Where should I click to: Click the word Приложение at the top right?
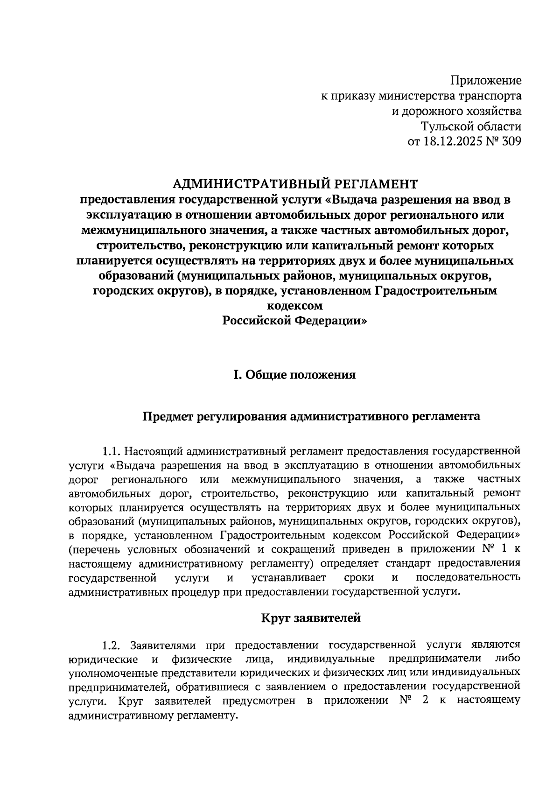(x=485, y=81)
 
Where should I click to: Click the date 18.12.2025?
(x=450, y=142)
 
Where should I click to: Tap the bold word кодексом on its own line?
(x=294, y=306)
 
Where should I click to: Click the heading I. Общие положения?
(x=294, y=375)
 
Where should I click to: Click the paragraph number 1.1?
(x=112, y=452)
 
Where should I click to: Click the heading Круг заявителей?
(x=310, y=618)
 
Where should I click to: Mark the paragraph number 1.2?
(x=112, y=646)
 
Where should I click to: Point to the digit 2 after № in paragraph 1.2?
(x=424, y=701)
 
